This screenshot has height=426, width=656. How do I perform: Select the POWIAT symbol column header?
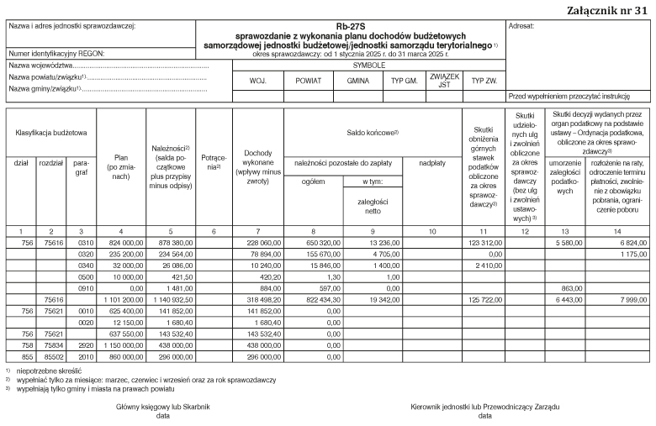pyautogui.click(x=304, y=82)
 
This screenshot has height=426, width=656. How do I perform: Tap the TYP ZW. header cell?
pyautogui.click(x=484, y=82)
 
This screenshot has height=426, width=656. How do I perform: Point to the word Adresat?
pyautogui.click(x=524, y=26)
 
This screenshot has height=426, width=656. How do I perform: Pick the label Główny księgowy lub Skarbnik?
pyautogui.click(x=163, y=407)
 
